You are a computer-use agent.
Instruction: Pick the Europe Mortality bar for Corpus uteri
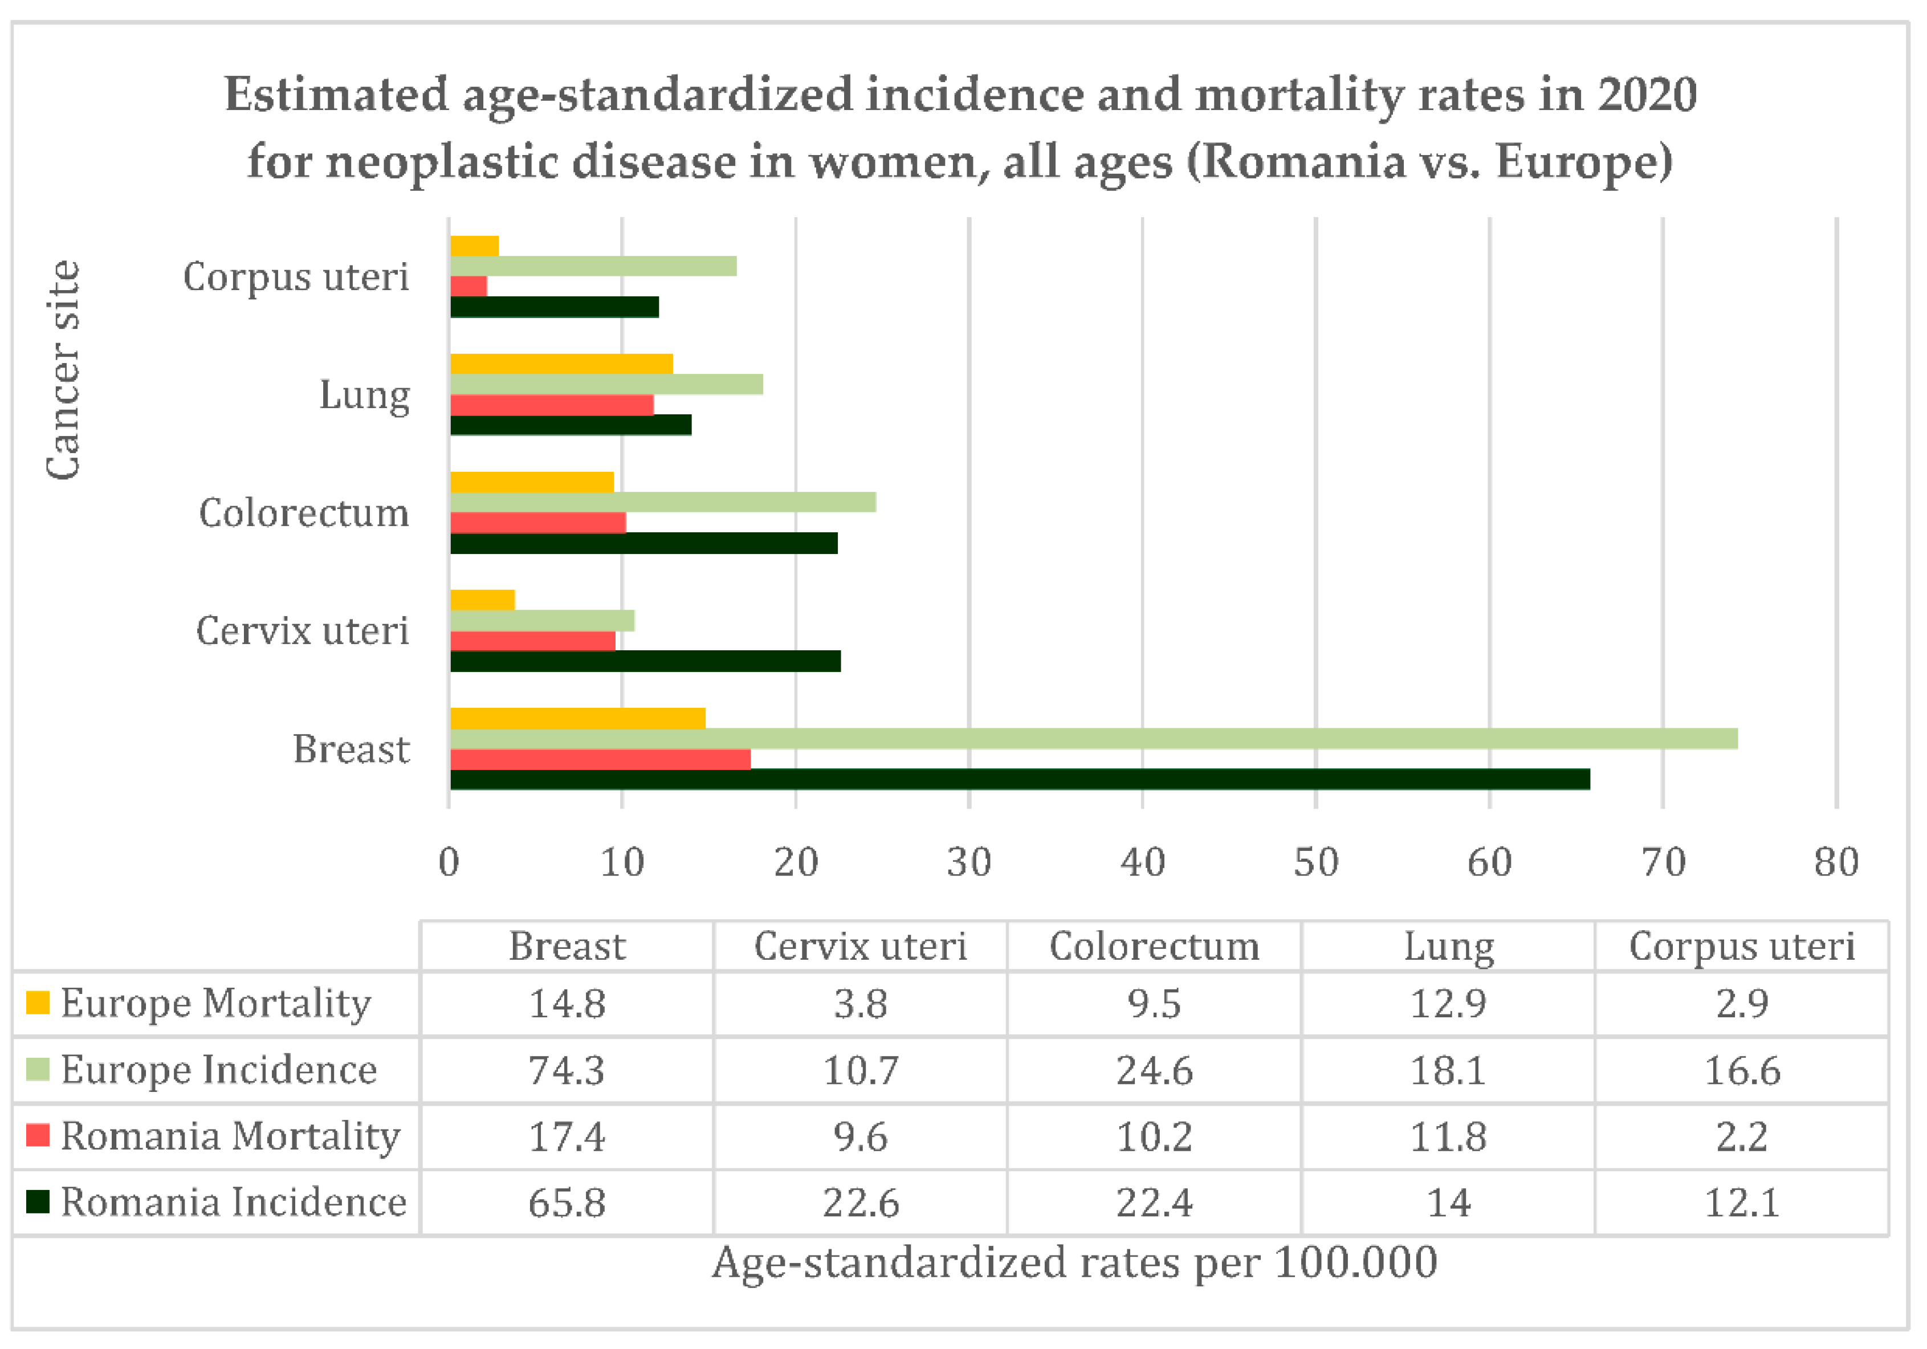point(474,246)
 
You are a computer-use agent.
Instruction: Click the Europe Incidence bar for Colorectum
point(663,502)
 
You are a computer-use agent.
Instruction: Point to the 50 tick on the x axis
point(1315,863)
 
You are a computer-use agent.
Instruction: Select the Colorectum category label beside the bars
point(304,513)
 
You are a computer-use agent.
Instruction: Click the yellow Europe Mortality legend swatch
point(38,1002)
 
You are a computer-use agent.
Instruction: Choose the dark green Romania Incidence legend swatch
point(38,1202)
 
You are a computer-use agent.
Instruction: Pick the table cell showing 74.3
point(567,1070)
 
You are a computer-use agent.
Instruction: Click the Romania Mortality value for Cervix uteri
point(860,1136)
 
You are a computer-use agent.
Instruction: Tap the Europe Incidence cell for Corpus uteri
point(1742,1070)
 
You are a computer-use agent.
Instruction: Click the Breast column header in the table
point(567,947)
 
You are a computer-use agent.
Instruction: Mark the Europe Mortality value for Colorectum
point(1154,1003)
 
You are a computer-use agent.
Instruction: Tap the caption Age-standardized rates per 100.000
point(1074,1262)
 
